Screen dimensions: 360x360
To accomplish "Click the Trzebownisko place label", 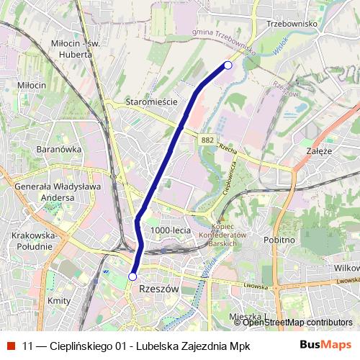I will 292,24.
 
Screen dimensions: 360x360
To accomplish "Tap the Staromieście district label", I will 151,102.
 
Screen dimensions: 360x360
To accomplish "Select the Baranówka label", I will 58,149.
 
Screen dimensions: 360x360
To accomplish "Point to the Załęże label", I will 318,151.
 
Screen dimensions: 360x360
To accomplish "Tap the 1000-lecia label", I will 171,230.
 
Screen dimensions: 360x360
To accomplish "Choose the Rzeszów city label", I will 156,287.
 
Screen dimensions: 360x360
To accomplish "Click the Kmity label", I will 58,300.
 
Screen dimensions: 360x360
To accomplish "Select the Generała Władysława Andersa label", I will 45,192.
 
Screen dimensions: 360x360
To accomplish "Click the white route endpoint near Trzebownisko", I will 228,66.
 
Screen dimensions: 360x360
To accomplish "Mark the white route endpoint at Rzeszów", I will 132,276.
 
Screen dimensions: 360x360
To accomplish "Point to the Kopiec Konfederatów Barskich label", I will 222,235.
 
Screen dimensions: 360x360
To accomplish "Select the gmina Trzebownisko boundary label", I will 224,42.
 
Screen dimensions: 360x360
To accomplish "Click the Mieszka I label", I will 246,316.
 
